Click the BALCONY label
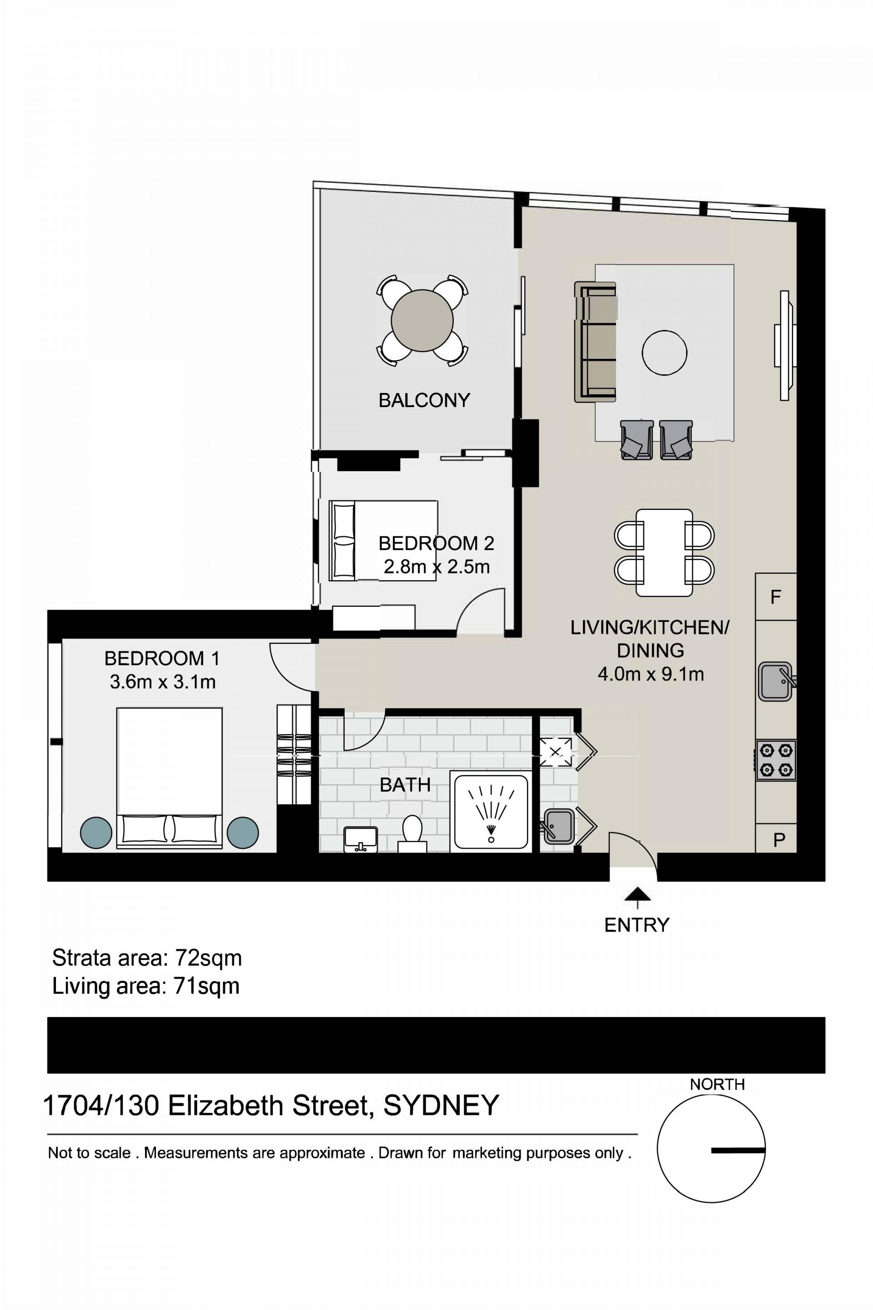[x=424, y=400]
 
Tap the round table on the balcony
[x=422, y=320]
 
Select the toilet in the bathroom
[x=412, y=834]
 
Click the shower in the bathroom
[x=491, y=811]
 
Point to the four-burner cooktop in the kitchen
[x=776, y=760]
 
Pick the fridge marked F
[x=776, y=596]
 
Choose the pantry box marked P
[x=776, y=838]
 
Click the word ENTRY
[x=637, y=925]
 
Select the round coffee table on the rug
[x=664, y=353]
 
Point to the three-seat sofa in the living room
[x=596, y=342]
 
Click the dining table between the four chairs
[x=664, y=553]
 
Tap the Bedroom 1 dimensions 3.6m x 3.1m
[x=163, y=682]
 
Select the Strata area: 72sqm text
[x=147, y=958]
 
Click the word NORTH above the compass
[x=717, y=1084]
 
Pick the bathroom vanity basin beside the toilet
[x=361, y=839]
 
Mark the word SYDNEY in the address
[x=441, y=1106]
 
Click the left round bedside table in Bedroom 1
[x=96, y=833]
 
